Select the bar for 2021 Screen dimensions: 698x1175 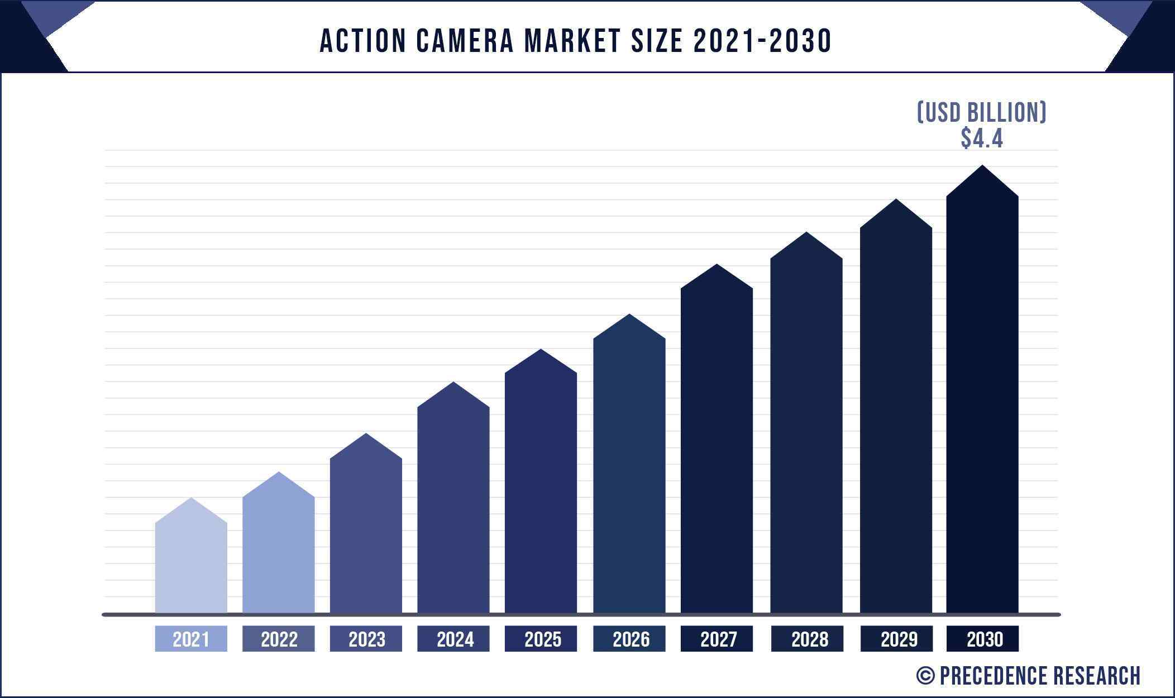click(191, 564)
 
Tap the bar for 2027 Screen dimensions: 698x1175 click(717, 447)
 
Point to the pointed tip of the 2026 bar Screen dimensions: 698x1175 click(629, 315)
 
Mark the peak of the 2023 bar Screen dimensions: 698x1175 click(366, 435)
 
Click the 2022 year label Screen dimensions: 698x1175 click(279, 639)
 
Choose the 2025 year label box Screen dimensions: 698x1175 click(541, 639)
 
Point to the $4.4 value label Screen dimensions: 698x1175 click(982, 138)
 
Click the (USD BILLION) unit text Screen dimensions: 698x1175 click(982, 112)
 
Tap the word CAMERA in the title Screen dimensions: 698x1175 click(465, 41)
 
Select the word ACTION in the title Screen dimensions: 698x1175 click(363, 41)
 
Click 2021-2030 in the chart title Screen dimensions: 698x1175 click(762, 41)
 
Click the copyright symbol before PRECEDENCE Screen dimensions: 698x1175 click(925, 676)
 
